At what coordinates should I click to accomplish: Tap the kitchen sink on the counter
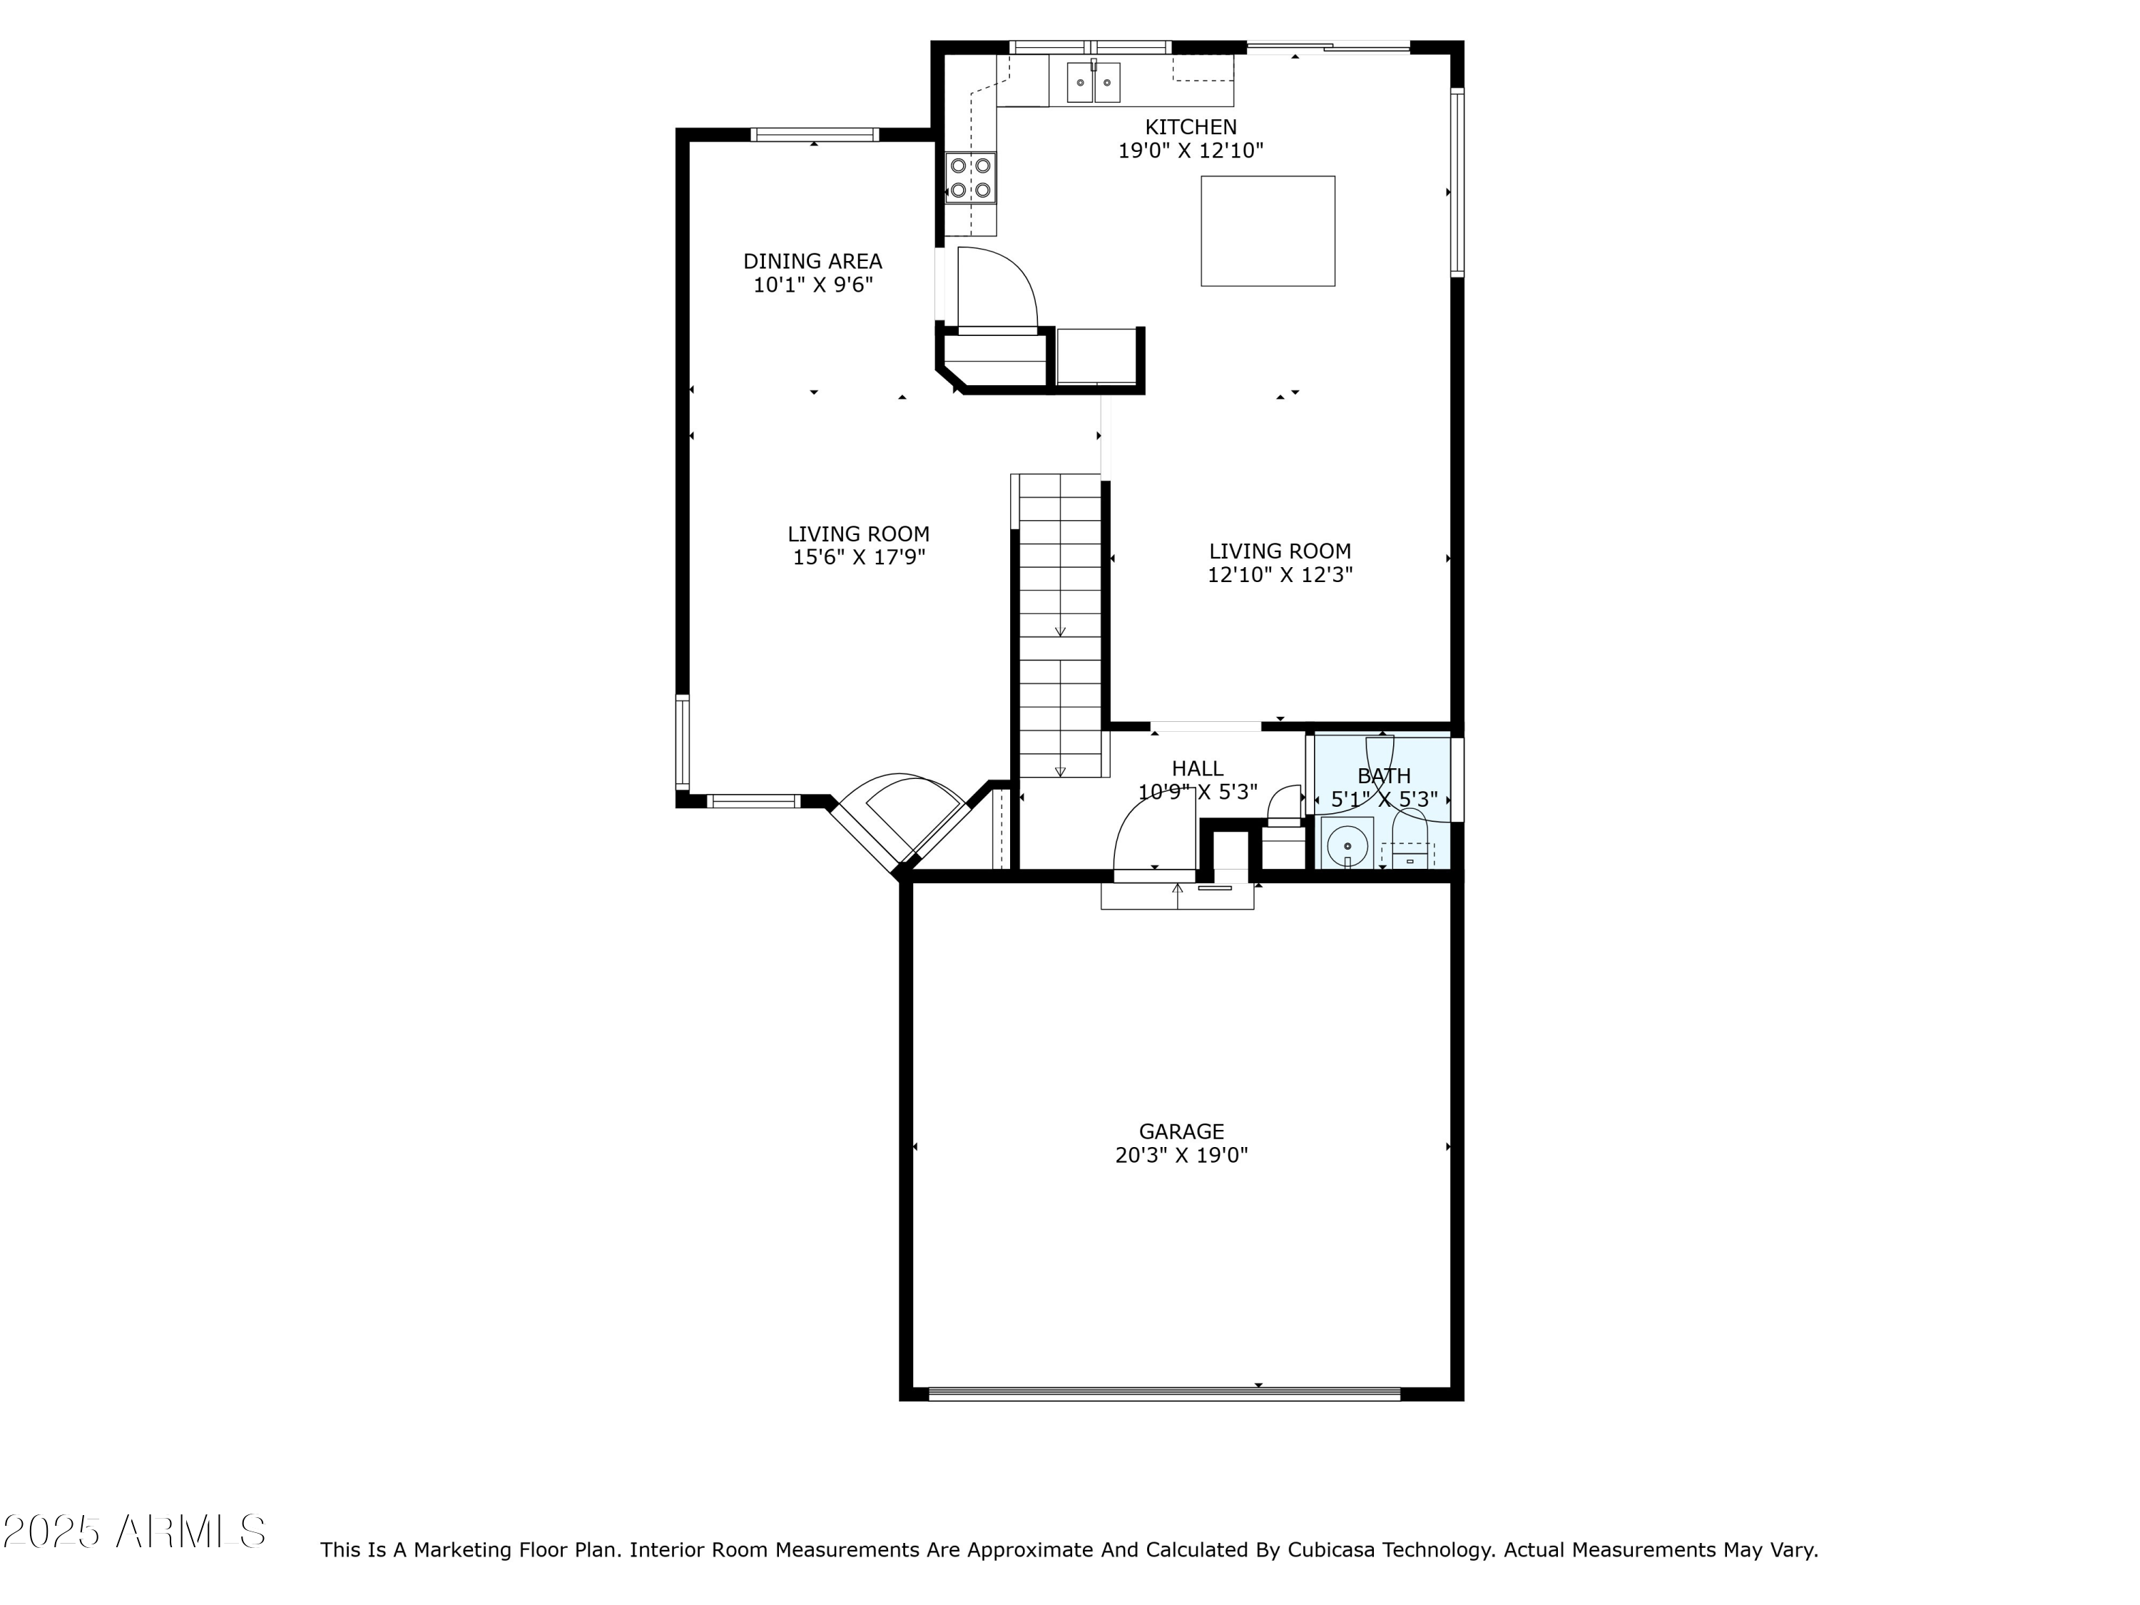1094,82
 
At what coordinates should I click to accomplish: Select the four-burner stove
970,178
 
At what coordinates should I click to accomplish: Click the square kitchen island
1268,231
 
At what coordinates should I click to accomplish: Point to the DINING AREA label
812,261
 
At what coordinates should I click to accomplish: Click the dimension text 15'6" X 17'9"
859,557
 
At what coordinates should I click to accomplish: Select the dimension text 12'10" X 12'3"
1279,575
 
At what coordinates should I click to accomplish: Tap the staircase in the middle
1060,624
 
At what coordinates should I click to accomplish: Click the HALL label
1197,768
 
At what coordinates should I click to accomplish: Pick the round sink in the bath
1347,845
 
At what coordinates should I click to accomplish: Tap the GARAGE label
1181,1131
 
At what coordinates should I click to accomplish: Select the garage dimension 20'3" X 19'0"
1181,1155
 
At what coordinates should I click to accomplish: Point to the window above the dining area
815,135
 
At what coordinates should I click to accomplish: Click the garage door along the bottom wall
1164,1394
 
